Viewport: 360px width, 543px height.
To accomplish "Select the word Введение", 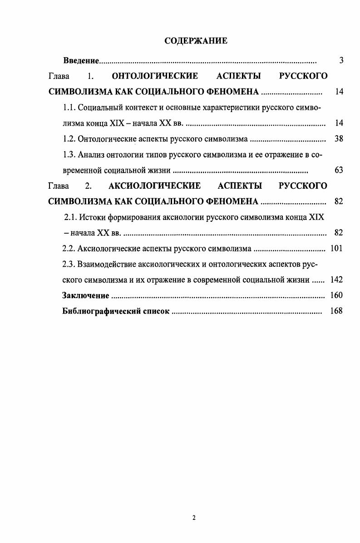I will [x=81, y=61].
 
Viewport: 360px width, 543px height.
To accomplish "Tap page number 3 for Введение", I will [x=341, y=61].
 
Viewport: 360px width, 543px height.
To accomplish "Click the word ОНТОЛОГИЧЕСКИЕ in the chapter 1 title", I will [x=155, y=76].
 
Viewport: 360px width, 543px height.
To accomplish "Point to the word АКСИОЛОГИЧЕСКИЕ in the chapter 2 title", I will [x=155, y=186].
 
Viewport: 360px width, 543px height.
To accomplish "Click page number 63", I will [x=338, y=171].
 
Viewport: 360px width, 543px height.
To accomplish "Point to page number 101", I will [x=336, y=249].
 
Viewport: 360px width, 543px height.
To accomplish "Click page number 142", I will [x=336, y=280].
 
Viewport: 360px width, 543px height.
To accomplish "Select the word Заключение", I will [x=85, y=296].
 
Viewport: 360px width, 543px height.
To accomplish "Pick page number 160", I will [x=336, y=296].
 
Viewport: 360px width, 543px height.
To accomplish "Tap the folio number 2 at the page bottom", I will [x=194, y=518].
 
